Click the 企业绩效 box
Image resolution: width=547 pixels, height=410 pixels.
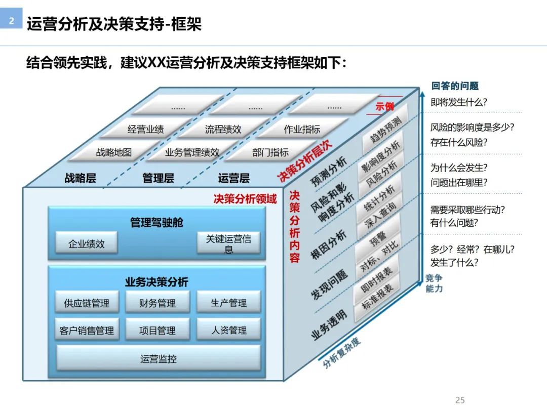tap(87, 243)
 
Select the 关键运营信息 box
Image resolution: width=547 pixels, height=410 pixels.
tap(228, 243)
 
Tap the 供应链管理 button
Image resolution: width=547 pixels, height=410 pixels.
tap(87, 303)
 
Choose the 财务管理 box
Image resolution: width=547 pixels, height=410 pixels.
tap(158, 303)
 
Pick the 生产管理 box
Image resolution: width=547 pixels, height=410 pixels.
tap(228, 303)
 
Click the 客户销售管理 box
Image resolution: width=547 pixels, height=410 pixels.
tap(87, 330)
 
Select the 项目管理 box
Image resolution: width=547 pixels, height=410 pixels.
tap(158, 330)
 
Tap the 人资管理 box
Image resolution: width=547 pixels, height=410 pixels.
tap(228, 330)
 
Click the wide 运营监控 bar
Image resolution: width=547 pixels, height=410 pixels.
tap(158, 359)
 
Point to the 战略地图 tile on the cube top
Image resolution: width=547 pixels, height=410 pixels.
tap(113, 152)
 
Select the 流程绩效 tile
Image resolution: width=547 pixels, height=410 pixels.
tap(223, 130)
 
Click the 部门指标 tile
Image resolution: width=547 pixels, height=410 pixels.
tap(270, 152)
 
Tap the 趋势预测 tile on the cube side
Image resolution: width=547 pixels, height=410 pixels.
tap(385, 130)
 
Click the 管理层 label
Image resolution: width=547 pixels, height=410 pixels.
tap(158, 178)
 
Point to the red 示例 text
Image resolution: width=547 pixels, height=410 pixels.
tap(385, 106)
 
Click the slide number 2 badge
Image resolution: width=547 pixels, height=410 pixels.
tap(12, 22)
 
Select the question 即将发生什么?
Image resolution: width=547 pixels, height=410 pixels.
tap(459, 102)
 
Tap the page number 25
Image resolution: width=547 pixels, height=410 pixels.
tap(460, 400)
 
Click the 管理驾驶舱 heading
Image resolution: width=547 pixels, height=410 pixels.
tap(157, 222)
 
